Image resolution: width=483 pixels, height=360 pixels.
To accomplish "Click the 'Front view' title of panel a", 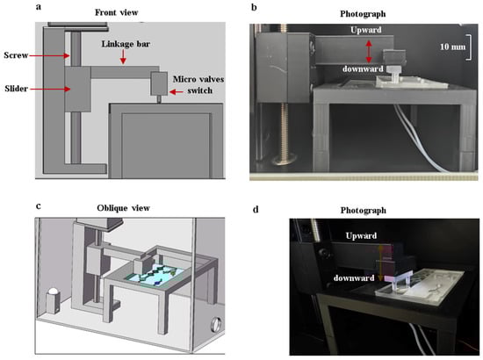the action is (x=116, y=12).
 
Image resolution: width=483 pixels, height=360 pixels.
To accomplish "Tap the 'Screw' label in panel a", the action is (x=16, y=55).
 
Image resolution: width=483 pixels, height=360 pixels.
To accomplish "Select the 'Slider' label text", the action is (x=17, y=89).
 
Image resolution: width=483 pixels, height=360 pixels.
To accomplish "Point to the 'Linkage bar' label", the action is (x=126, y=44).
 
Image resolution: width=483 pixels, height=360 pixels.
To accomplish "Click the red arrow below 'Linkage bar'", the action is (x=123, y=57).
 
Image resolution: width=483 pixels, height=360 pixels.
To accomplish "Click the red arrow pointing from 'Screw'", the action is (x=49, y=55).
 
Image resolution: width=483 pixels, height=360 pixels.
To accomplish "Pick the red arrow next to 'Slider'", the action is (x=50, y=89).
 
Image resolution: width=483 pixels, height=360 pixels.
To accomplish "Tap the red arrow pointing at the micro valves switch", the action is (x=177, y=91).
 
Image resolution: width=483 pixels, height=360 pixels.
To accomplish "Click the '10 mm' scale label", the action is (x=452, y=47).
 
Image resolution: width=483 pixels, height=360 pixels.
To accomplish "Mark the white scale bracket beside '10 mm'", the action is (x=470, y=47).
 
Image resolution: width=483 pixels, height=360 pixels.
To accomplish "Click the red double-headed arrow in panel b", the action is (x=369, y=52).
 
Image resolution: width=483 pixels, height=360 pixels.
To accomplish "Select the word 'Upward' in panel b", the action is (x=366, y=30).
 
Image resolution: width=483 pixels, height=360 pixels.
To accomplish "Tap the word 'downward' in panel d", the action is (x=354, y=278).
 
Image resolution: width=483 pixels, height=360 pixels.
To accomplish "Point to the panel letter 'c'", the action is (x=38, y=206).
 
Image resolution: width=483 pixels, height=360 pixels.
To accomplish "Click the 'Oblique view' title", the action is (x=123, y=208).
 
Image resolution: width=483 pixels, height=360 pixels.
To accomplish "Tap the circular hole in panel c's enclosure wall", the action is (x=216, y=324).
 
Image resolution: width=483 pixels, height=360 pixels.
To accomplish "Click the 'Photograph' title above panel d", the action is (x=364, y=211).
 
